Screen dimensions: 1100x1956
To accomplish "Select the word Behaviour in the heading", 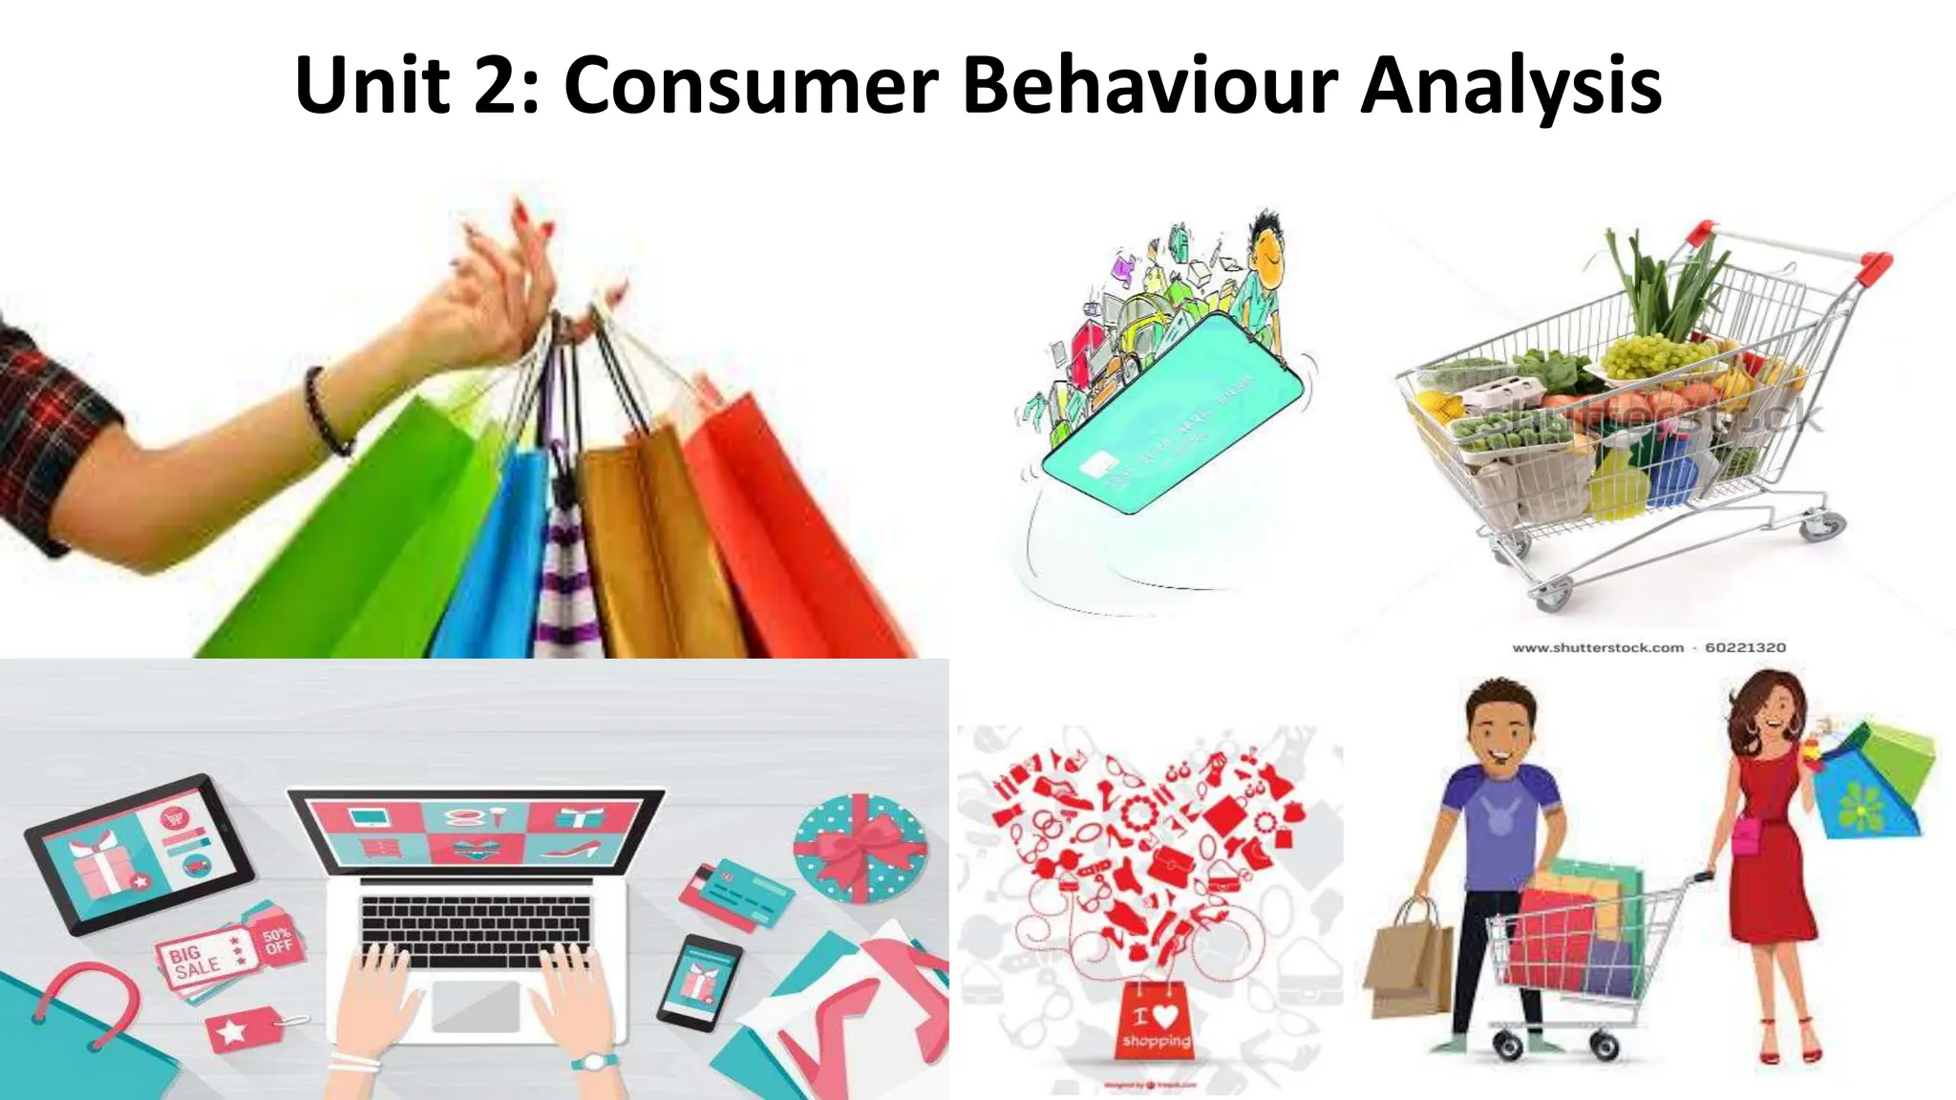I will pos(1159,86).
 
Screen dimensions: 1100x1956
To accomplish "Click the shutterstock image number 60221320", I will pos(1745,647).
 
